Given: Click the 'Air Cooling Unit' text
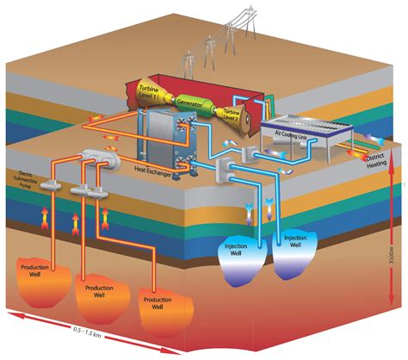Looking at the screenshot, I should pos(291,133).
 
